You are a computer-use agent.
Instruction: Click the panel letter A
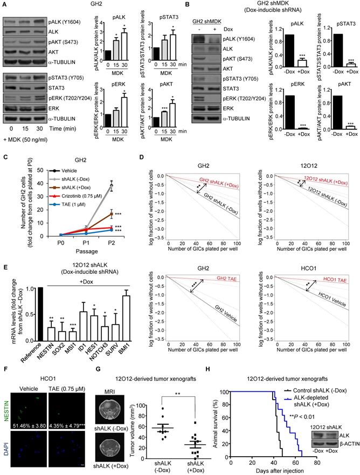tap(4, 4)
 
